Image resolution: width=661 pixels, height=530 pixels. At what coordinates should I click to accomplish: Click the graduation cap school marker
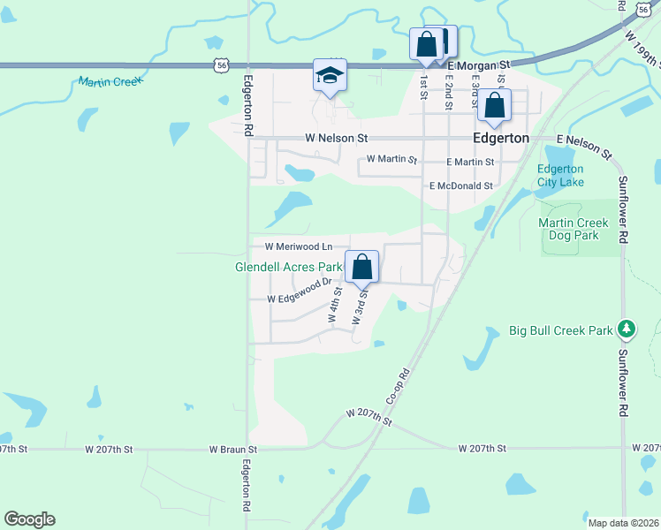[x=330, y=76]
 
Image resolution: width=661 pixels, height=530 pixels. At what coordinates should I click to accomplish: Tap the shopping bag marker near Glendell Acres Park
[x=361, y=266]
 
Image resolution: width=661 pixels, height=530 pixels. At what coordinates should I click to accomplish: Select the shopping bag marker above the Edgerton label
[x=494, y=106]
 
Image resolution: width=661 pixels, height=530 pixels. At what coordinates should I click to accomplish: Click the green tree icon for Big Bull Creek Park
[x=627, y=330]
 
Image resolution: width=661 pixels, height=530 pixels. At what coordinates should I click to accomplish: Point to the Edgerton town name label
[x=501, y=139]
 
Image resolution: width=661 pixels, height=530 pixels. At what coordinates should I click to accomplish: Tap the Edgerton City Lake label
[x=559, y=176]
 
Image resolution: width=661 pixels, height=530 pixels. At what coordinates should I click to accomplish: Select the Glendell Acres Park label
[x=289, y=266]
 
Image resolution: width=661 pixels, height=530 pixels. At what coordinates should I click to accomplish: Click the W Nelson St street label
[x=336, y=139]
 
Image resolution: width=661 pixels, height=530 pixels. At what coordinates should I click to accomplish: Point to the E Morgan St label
[x=480, y=65]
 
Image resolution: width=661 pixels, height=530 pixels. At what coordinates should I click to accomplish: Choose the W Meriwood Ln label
[x=298, y=246]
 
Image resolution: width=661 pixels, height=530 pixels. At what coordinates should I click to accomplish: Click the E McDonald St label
[x=460, y=186]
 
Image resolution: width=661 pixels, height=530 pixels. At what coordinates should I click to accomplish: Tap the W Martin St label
[x=391, y=160]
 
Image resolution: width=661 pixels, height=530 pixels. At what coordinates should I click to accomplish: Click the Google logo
[x=29, y=519]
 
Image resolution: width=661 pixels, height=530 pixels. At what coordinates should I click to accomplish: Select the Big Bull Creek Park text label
[x=561, y=331]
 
